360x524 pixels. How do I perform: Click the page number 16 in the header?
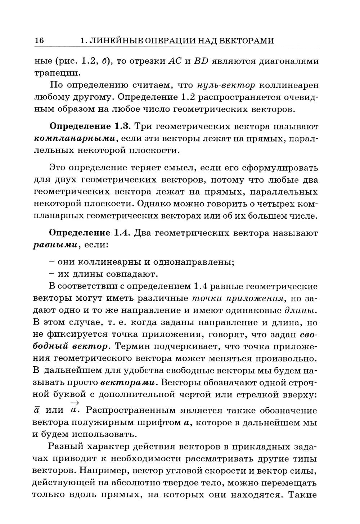point(39,41)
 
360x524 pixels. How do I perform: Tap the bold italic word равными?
point(55,245)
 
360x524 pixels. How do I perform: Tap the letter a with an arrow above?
point(75,410)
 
